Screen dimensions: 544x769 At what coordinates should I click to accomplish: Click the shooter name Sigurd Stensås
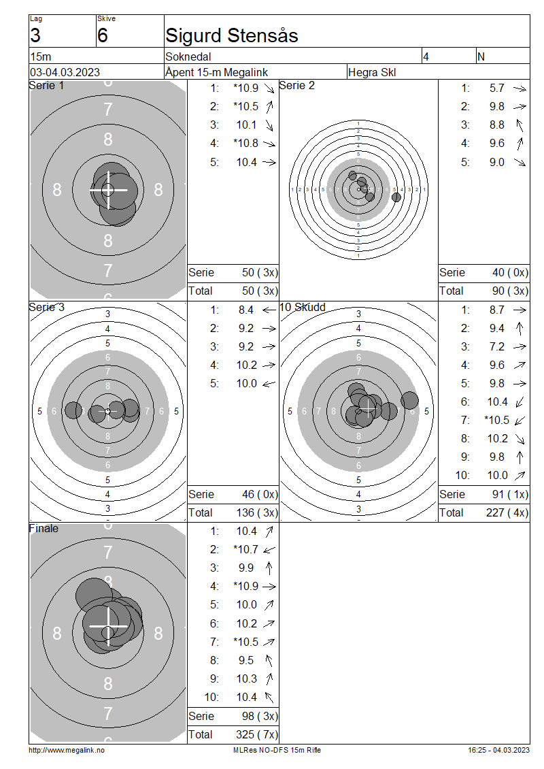pyautogui.click(x=231, y=35)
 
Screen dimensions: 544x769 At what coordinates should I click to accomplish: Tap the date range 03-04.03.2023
pyautogui.click(x=65, y=72)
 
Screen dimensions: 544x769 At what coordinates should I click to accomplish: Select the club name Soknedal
pyautogui.click(x=188, y=56)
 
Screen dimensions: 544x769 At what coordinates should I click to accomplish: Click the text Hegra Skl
pyautogui.click(x=372, y=72)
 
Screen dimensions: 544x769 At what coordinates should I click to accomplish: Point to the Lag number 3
pyautogui.click(x=35, y=35)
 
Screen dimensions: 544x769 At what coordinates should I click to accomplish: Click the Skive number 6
pyautogui.click(x=103, y=35)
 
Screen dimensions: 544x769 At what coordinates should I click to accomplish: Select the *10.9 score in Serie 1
pyautogui.click(x=246, y=88)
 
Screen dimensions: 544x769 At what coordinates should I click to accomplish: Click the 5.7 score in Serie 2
pyautogui.click(x=497, y=88)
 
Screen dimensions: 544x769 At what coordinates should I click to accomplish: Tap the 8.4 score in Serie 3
pyautogui.click(x=246, y=310)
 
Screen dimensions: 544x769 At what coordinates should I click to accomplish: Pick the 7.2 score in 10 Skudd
pyautogui.click(x=497, y=347)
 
